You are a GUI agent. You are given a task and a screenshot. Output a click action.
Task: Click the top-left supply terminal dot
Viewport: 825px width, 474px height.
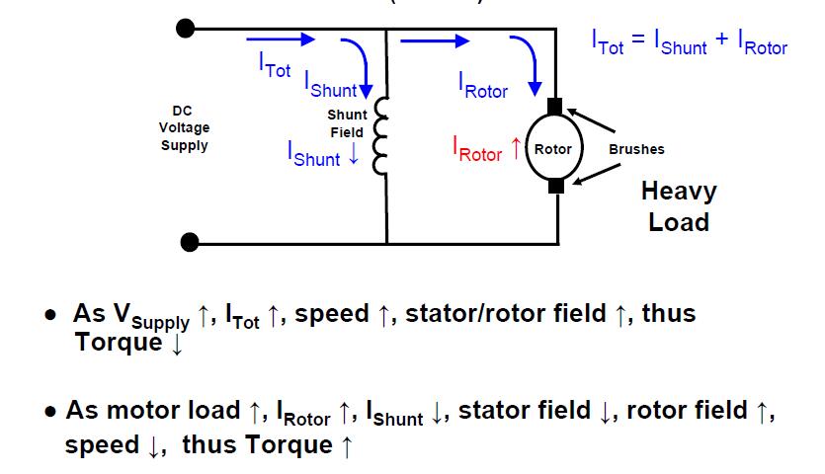pyautogui.click(x=185, y=28)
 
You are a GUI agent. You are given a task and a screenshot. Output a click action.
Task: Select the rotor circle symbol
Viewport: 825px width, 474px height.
pyautogui.click(x=553, y=149)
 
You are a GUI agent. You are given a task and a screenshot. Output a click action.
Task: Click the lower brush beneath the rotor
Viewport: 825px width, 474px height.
pyautogui.click(x=555, y=185)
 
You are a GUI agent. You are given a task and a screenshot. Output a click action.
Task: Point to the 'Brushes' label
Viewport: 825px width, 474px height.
pyautogui.click(x=636, y=149)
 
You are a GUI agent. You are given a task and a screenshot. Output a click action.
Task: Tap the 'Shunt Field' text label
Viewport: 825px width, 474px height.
pyautogui.click(x=346, y=123)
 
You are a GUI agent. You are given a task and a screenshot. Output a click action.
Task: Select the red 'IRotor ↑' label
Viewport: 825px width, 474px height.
pyautogui.click(x=486, y=150)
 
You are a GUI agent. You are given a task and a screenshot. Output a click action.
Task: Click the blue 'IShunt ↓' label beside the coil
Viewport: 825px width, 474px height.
pyautogui.click(x=323, y=153)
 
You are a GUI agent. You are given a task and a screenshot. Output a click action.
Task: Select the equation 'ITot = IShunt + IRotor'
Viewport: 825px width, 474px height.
pyautogui.click(x=689, y=42)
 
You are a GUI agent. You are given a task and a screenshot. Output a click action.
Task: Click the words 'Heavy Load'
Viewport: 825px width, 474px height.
pyautogui.click(x=678, y=206)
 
